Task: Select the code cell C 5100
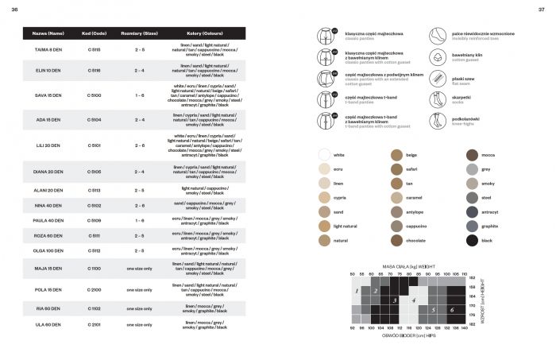(x=93, y=95)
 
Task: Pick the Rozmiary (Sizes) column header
(x=139, y=34)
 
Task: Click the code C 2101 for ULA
(x=93, y=324)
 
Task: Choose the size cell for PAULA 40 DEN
(x=139, y=220)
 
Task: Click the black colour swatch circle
(x=472, y=240)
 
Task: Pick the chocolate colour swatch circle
(x=398, y=240)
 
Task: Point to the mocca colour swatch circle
(x=472, y=155)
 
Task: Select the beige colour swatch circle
(x=398, y=155)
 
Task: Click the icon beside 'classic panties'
(x=325, y=36)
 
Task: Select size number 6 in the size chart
(x=451, y=309)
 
